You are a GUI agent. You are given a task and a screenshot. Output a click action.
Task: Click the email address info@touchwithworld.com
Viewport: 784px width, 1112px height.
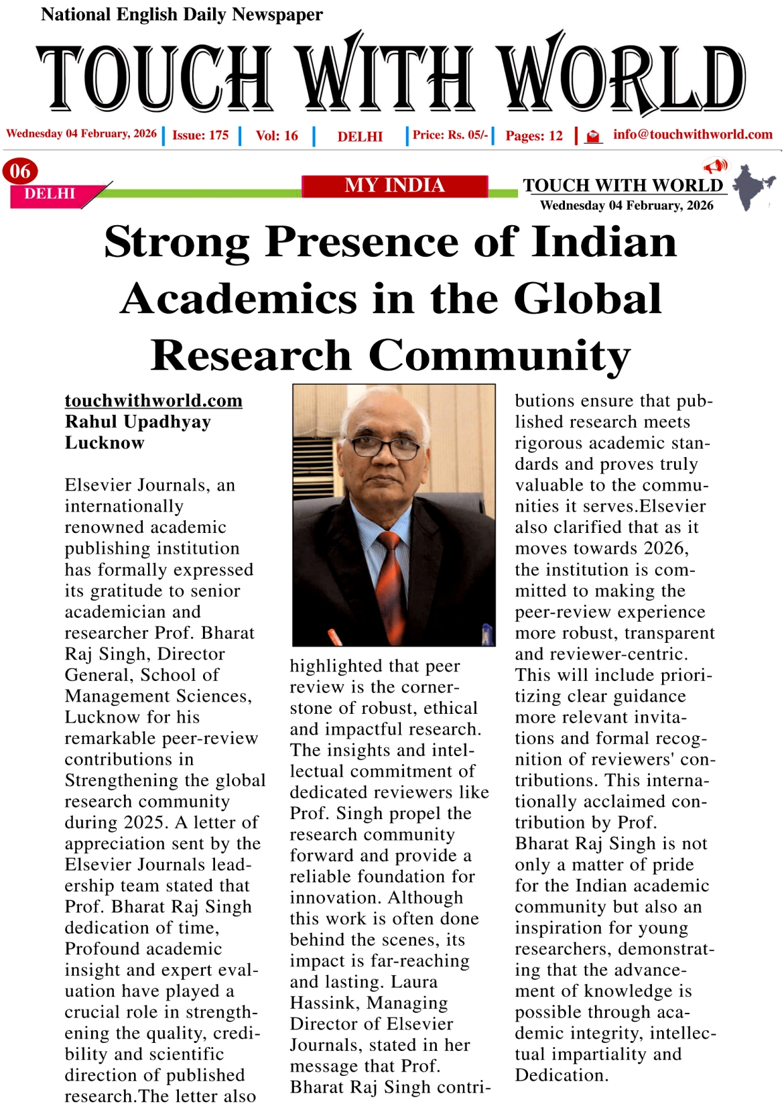[692, 135]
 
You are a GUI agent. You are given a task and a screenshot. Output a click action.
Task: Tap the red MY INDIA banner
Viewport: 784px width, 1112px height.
[395, 186]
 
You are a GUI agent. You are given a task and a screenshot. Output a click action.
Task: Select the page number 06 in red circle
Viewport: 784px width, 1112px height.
[20, 171]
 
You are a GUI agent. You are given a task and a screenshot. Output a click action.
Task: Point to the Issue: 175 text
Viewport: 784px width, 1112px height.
[200, 135]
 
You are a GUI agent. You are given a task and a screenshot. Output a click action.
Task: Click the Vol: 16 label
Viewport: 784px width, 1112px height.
[277, 135]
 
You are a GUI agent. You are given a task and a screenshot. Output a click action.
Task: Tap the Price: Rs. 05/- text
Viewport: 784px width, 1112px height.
[450, 135]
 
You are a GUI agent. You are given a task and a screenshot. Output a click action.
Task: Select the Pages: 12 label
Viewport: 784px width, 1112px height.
[534, 136]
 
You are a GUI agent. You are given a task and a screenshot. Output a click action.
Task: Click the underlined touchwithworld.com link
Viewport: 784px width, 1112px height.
[153, 401]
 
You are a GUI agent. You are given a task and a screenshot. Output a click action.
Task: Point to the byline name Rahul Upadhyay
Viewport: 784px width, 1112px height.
[138, 422]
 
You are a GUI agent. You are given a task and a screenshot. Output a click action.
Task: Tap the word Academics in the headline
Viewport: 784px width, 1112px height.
[239, 299]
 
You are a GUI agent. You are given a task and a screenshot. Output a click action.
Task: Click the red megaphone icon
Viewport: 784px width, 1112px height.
[716, 166]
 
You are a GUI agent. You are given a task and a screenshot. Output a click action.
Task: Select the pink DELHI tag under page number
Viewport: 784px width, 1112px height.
[50, 194]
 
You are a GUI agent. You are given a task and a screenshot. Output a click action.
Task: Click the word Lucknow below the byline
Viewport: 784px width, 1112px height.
[105, 443]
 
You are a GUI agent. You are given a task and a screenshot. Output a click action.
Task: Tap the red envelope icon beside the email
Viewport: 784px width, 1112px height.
[592, 137]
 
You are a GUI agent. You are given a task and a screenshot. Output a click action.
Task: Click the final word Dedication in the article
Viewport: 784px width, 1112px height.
[560, 1076]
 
